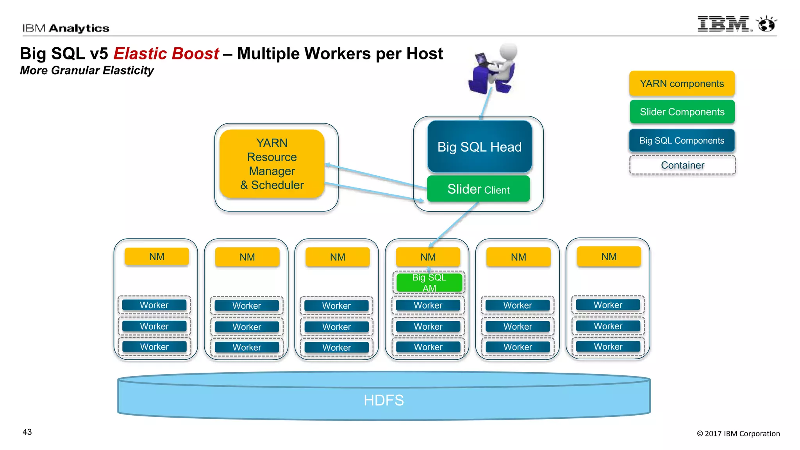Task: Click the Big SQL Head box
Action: (479, 147)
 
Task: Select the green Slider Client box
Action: (478, 189)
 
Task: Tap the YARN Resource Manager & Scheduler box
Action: (272, 164)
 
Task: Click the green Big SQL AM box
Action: (429, 283)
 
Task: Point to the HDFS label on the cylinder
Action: (384, 400)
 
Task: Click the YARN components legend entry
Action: (682, 84)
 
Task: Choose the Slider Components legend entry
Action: (682, 112)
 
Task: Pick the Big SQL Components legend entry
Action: (682, 141)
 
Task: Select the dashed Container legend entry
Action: (682, 165)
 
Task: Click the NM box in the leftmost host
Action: (157, 257)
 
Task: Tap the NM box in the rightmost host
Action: (609, 257)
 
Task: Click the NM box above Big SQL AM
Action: (428, 257)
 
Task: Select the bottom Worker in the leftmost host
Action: (154, 347)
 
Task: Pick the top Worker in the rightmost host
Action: (608, 305)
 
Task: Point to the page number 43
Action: (27, 432)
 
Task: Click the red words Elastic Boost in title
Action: (166, 54)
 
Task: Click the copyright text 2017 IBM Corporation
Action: (738, 434)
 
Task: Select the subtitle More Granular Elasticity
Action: (87, 71)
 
